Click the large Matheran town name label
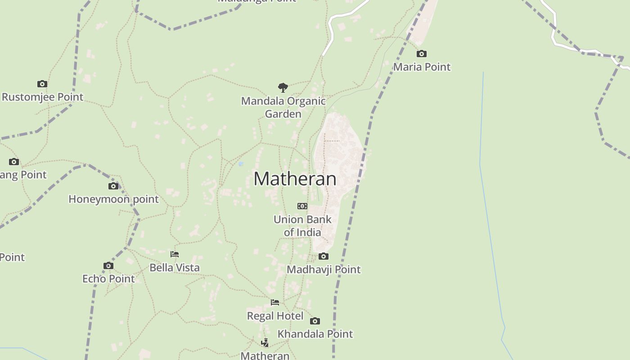[x=295, y=179]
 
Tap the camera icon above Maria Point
[x=422, y=54]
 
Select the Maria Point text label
[x=422, y=67]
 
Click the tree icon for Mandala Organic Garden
[x=283, y=87]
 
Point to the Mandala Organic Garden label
[x=283, y=107]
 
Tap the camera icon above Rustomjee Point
[x=42, y=84]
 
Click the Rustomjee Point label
[x=43, y=97]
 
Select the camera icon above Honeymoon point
[x=113, y=186]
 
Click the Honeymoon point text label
[x=113, y=199]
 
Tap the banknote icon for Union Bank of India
[x=302, y=206]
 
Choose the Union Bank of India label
[x=302, y=226]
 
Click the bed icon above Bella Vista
[x=175, y=255]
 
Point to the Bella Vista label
[x=175, y=268]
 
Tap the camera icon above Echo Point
[x=108, y=266]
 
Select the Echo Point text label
[x=108, y=279]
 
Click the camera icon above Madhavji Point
[x=324, y=256]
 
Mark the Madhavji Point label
[x=324, y=270]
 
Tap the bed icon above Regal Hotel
[x=275, y=302]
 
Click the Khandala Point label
[x=315, y=334]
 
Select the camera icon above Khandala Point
[x=315, y=321]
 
